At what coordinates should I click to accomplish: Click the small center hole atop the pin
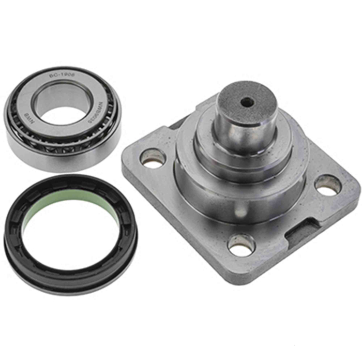tap(247, 102)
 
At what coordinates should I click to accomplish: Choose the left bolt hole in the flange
tap(153, 158)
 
